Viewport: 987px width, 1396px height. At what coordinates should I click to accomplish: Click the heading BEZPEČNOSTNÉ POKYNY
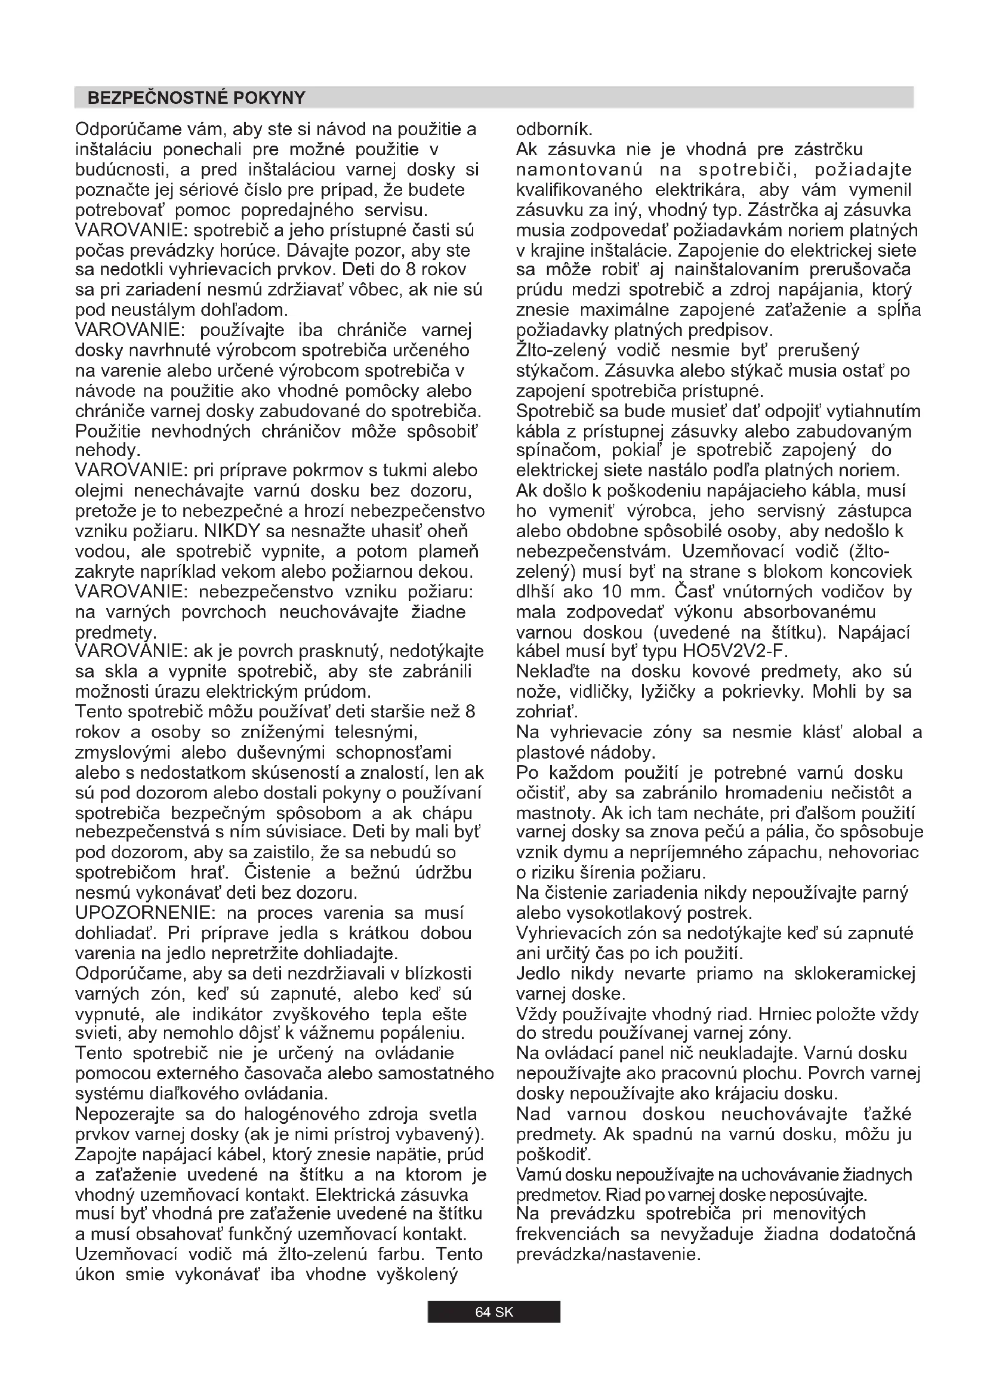click(x=196, y=98)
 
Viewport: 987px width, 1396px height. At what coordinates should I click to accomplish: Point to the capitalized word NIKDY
click(x=232, y=531)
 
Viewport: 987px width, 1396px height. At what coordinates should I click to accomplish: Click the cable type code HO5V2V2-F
click(x=735, y=651)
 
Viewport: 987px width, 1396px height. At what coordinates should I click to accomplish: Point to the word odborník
click(x=554, y=130)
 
